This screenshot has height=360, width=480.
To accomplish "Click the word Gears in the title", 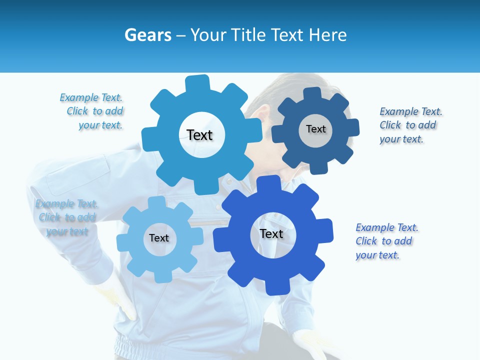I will click(147, 35).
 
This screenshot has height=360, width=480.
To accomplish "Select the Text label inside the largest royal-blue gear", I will click(271, 233).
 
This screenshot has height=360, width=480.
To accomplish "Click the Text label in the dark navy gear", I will click(316, 129).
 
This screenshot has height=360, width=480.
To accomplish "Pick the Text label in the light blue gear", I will click(159, 238).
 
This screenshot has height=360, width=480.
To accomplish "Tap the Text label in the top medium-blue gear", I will click(199, 135).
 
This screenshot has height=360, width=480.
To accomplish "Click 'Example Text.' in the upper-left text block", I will click(91, 97).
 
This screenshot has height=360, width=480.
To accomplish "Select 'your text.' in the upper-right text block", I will click(401, 139).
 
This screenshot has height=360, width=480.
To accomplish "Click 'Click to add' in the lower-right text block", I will click(383, 241).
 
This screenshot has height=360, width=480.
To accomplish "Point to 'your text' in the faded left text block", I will click(67, 231).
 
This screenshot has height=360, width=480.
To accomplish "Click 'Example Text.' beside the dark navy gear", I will click(410, 111).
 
